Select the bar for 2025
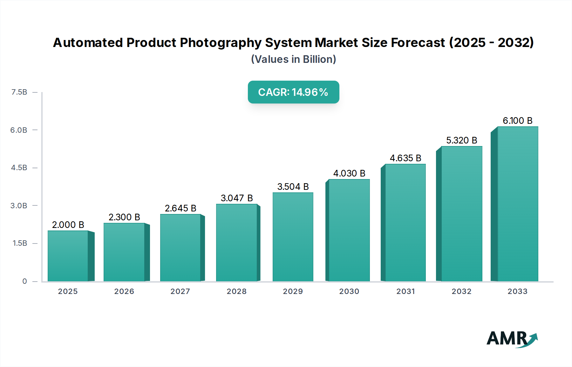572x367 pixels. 68,256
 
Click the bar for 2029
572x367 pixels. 293,237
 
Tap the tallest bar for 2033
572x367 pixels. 517,204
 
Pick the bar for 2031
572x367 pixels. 405,223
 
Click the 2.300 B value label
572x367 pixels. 124,217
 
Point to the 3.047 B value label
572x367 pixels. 237,198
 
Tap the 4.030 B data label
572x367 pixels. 349,173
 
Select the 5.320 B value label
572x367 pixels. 461,140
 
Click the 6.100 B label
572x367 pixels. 517,121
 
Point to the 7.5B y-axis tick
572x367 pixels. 19,92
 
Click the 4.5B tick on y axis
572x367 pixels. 19,168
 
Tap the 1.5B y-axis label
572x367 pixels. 20,243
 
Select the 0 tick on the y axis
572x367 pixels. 24,281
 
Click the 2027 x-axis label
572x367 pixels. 180,291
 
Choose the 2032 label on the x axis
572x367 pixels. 461,291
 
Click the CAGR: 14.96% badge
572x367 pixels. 293,92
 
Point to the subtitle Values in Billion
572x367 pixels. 293,59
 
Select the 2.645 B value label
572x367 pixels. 180,208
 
